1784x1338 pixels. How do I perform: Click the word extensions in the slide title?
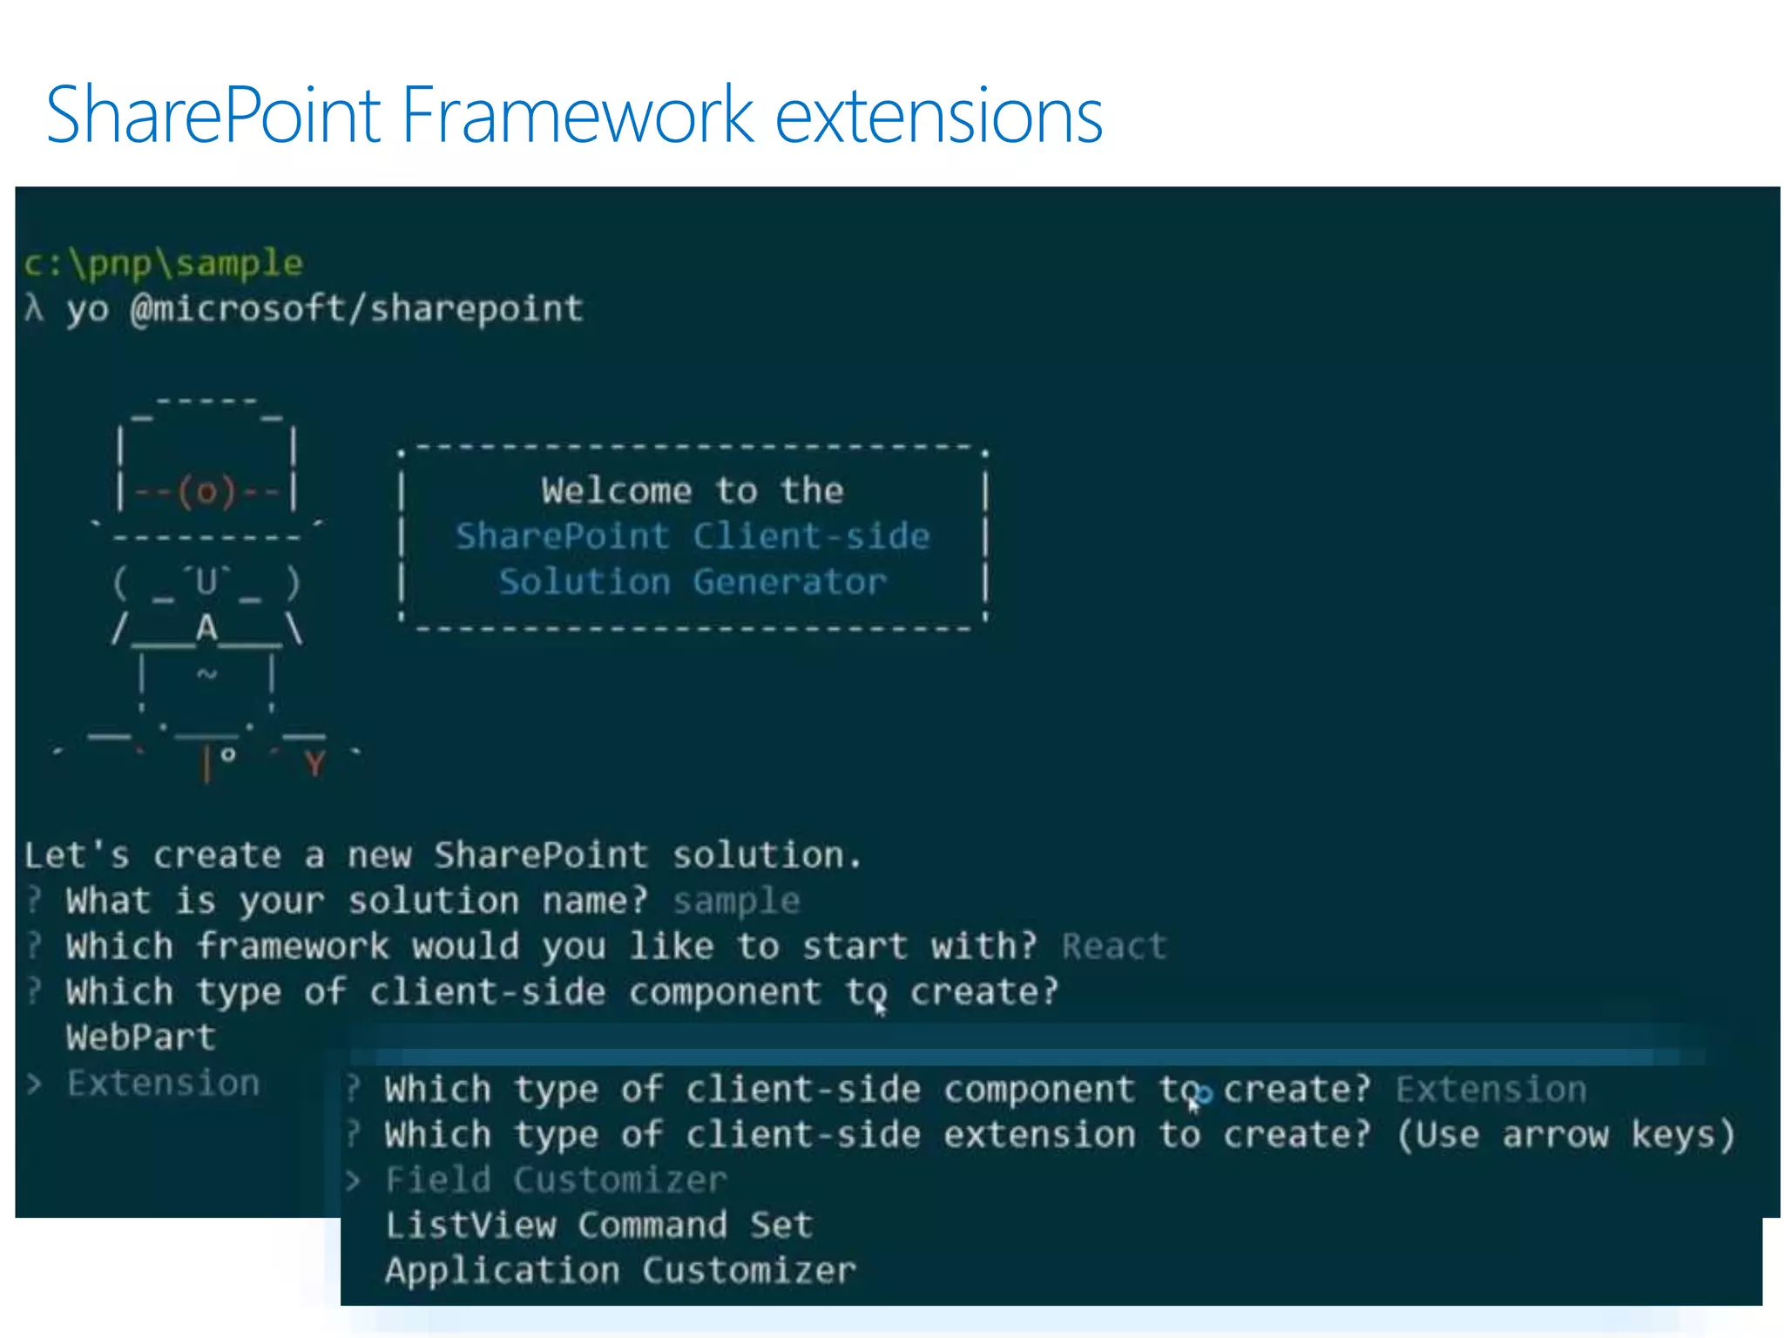click(x=938, y=116)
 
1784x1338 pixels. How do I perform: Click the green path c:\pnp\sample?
click(x=164, y=263)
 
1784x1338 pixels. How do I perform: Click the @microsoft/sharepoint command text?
click(x=356, y=308)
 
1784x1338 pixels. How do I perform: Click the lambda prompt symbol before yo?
click(x=35, y=308)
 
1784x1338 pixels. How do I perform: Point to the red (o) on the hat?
click(x=206, y=492)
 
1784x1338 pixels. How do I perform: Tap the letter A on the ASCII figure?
click(x=206, y=627)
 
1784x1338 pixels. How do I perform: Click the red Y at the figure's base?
click(x=314, y=763)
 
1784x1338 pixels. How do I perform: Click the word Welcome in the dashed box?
click(x=616, y=490)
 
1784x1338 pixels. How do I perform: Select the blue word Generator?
click(x=789, y=581)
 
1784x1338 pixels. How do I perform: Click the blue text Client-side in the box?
click(x=811, y=536)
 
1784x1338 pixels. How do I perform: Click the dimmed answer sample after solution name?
click(x=736, y=901)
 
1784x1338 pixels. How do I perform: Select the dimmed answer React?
click(x=1114, y=946)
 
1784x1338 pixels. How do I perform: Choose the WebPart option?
click(x=141, y=1037)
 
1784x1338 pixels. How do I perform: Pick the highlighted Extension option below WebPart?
click(x=164, y=1084)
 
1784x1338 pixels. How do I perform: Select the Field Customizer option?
click(x=556, y=1179)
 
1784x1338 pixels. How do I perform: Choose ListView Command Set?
click(x=599, y=1225)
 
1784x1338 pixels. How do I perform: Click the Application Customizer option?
click(x=620, y=1270)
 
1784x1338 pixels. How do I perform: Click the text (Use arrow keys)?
click(x=1565, y=1134)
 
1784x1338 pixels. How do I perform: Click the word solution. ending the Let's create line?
click(x=767, y=855)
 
